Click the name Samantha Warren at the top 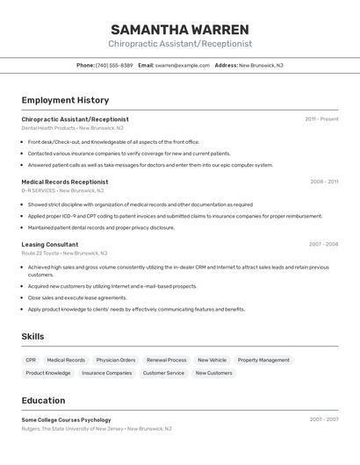pos(180,29)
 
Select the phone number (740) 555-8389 pos(114,65)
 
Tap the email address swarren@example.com pos(183,65)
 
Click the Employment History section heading pos(65,100)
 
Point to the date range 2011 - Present pos(321,119)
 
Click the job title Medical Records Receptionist pos(65,182)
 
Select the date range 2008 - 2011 pos(324,182)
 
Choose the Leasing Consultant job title pos(50,245)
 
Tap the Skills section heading pos(32,337)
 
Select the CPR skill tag pos(31,360)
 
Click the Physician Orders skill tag pos(116,360)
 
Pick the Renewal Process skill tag pos(166,360)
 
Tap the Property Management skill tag pos(263,360)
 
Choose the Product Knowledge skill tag pos(48,373)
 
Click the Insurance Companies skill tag pos(106,373)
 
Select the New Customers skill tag pos(213,373)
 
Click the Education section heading pos(43,400)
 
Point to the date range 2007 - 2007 pos(323,420)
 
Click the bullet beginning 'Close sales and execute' pos(77,298)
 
